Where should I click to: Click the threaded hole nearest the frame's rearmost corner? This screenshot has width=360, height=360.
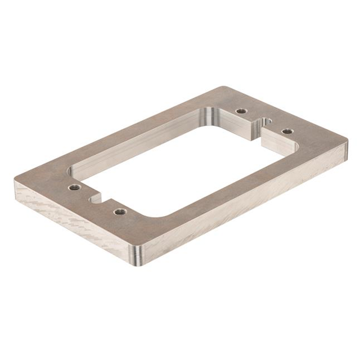(241, 111)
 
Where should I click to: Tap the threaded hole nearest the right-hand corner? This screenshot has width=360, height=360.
(287, 131)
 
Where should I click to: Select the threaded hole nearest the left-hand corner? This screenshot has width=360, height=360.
(73, 186)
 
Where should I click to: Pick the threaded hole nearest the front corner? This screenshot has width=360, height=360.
(119, 211)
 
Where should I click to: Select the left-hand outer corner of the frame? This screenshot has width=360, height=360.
(15, 181)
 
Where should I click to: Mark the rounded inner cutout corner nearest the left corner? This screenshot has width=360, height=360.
(72, 168)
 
